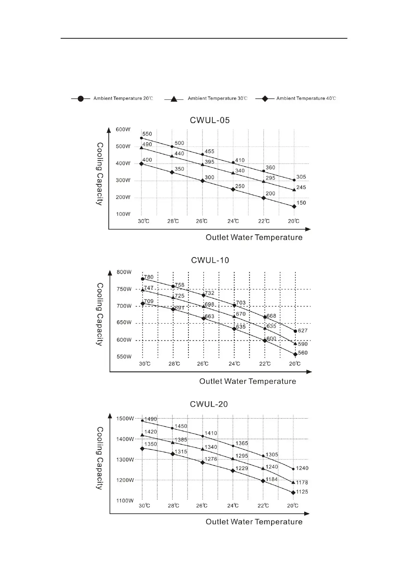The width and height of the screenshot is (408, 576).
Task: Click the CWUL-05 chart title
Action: (210, 120)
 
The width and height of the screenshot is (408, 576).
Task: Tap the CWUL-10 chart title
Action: (210, 260)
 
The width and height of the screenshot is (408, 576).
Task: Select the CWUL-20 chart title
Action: (209, 404)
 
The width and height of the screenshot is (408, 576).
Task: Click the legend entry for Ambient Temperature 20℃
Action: (123, 99)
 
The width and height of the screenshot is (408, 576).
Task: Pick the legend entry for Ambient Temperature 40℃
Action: (306, 99)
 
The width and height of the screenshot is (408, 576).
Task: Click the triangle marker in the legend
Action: (174, 99)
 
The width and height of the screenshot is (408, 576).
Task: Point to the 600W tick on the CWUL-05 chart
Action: (123, 130)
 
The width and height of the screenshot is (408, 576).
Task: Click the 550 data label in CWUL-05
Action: (147, 134)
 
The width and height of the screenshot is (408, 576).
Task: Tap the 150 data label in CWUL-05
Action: (301, 203)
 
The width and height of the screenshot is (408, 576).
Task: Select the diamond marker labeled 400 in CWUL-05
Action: (141, 164)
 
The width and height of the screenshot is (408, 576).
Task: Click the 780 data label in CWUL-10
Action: (149, 277)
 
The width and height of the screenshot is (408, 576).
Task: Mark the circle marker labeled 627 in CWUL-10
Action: (295, 331)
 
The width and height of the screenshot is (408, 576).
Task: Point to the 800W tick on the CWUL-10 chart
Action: (124, 272)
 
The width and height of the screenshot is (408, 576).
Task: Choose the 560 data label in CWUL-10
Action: (303, 353)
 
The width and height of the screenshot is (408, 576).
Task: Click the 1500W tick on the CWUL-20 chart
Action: (125, 419)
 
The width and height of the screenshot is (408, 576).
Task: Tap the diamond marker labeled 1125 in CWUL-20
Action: (293, 493)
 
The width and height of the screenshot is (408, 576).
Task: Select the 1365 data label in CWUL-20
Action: (242, 443)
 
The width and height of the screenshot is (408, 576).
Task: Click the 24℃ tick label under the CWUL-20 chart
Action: (233, 506)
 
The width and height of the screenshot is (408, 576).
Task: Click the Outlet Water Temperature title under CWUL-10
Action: (247, 381)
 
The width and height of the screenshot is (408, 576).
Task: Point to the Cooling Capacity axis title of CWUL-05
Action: (100, 174)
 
